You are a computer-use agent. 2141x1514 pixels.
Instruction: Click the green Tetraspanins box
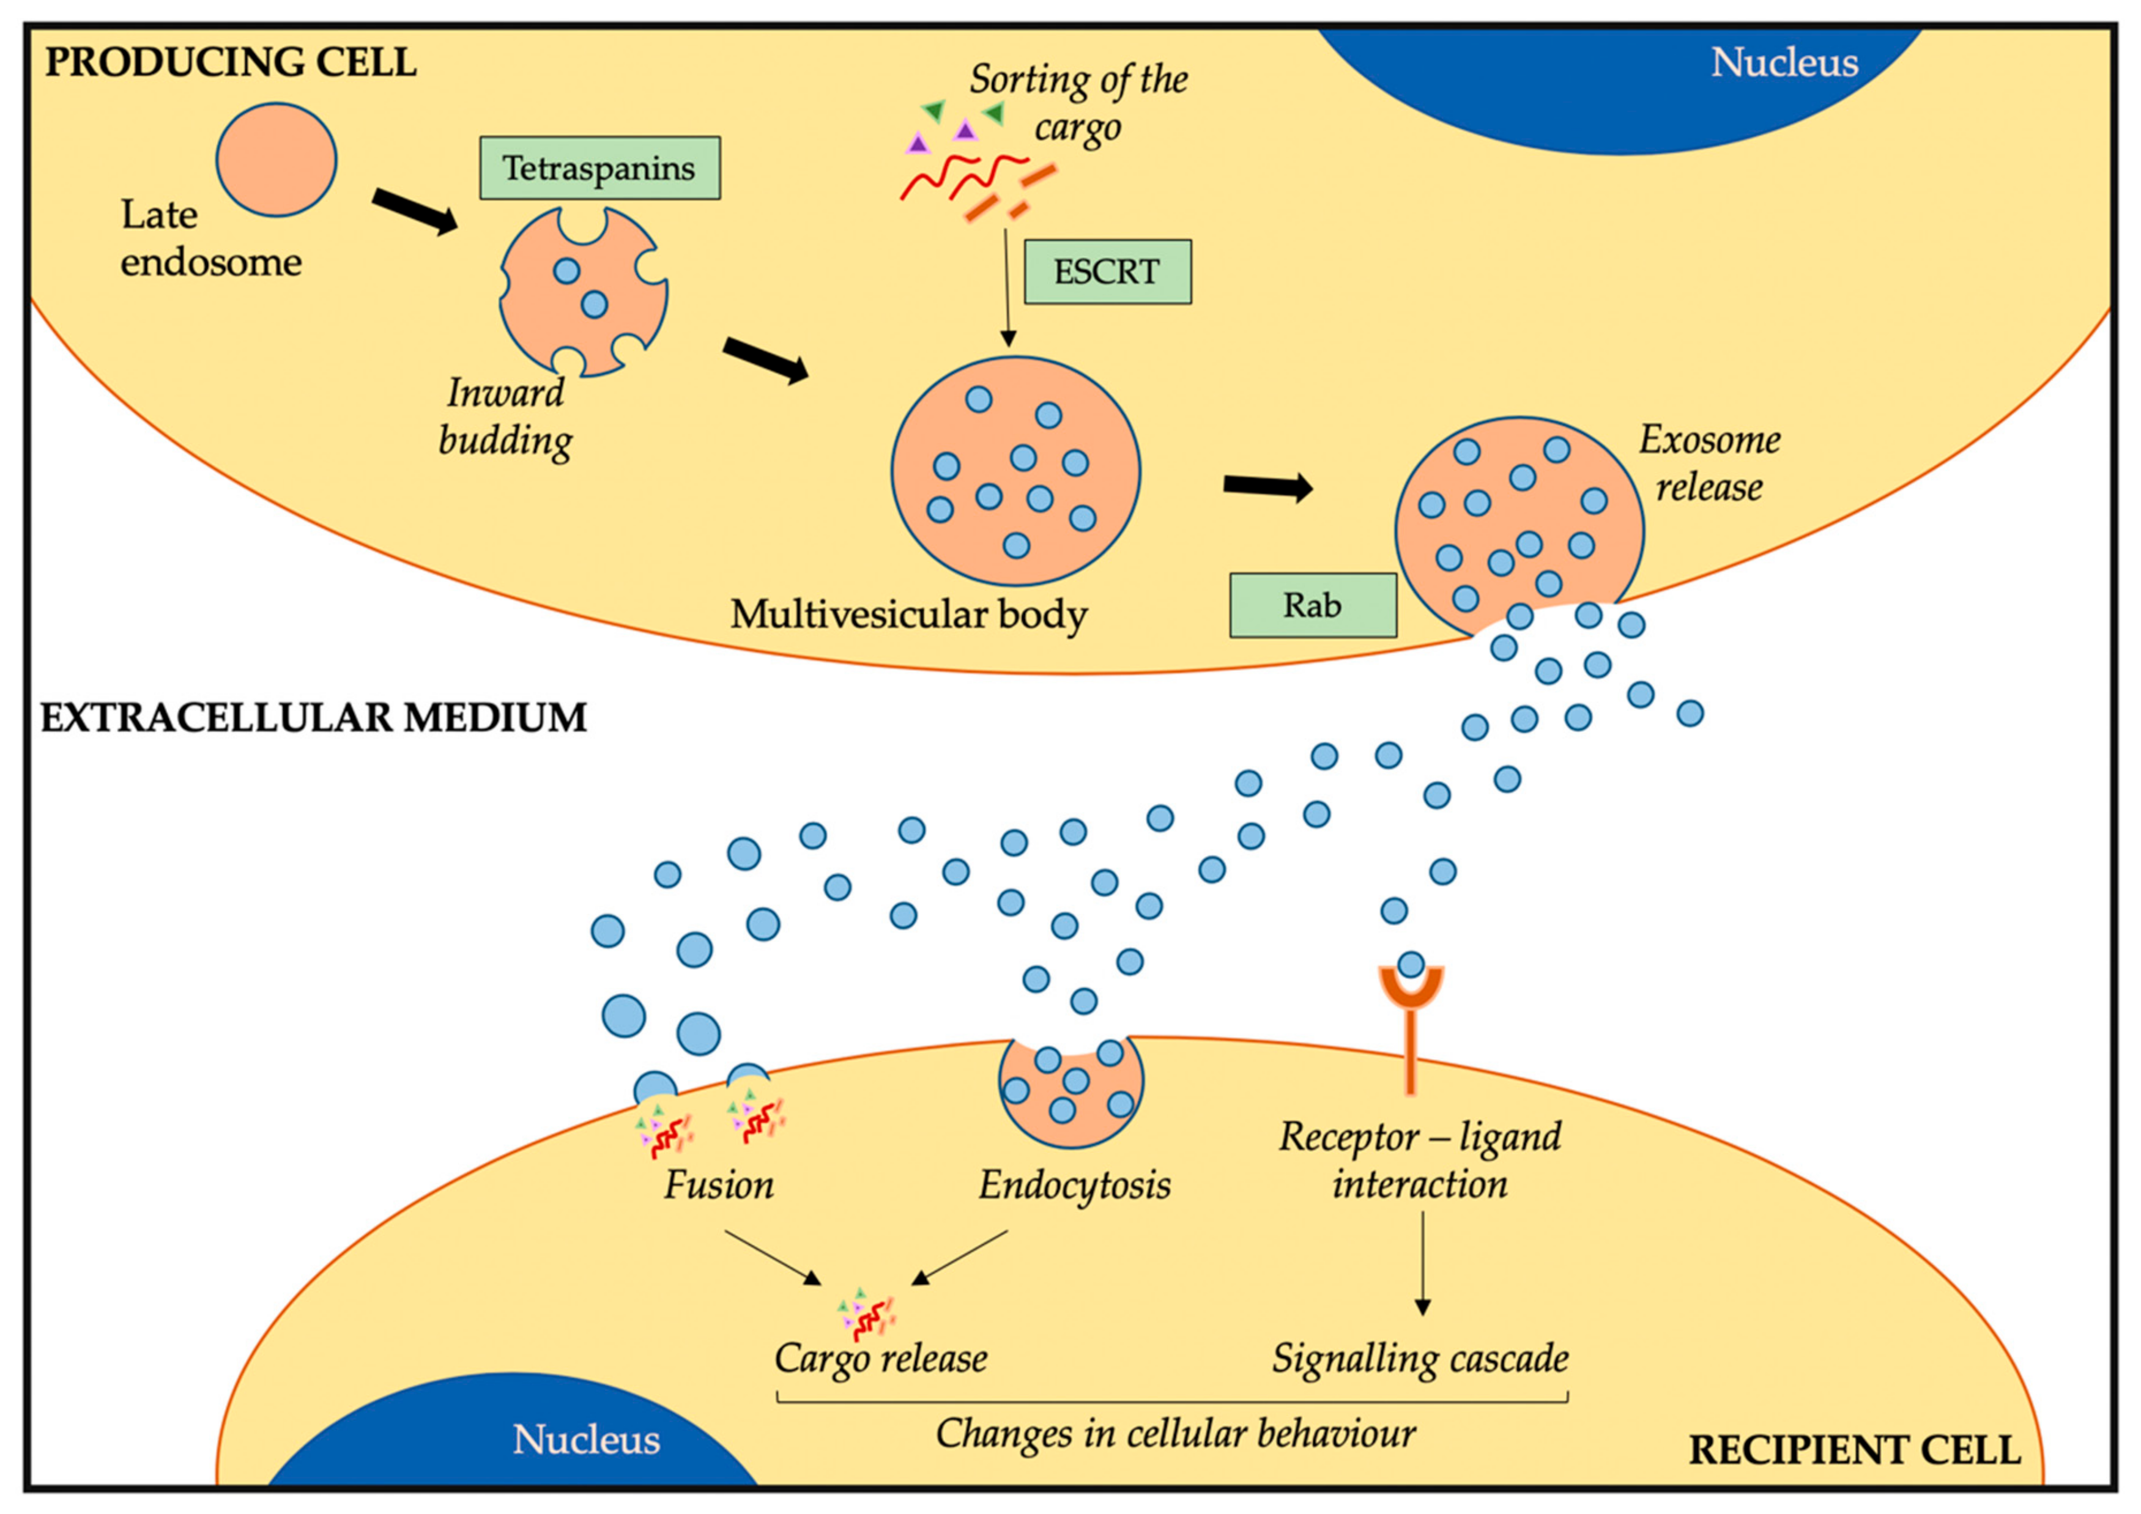(x=599, y=168)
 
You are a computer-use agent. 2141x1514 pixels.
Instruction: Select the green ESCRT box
(x=1107, y=272)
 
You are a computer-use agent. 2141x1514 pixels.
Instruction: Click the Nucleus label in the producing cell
(x=1783, y=62)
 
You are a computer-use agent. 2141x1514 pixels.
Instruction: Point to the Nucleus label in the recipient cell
(x=585, y=1439)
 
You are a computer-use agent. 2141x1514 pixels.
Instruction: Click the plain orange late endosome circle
(x=276, y=160)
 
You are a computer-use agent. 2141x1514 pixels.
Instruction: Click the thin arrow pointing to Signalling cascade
(x=1422, y=1263)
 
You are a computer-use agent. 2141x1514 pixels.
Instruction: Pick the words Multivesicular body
(x=908, y=615)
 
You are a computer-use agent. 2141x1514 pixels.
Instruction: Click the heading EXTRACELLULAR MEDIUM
(x=313, y=718)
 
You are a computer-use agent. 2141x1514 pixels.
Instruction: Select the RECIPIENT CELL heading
(x=1853, y=1450)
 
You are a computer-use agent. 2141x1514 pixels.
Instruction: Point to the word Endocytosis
(x=1074, y=1185)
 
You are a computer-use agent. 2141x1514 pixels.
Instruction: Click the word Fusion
(x=718, y=1185)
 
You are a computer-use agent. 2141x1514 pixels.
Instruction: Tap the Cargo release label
(x=880, y=1358)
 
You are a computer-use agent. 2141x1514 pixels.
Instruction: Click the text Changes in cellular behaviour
(x=1175, y=1433)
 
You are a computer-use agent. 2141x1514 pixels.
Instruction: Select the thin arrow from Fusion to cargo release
(x=771, y=1257)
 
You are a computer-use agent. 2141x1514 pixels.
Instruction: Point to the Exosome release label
(x=1709, y=463)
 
